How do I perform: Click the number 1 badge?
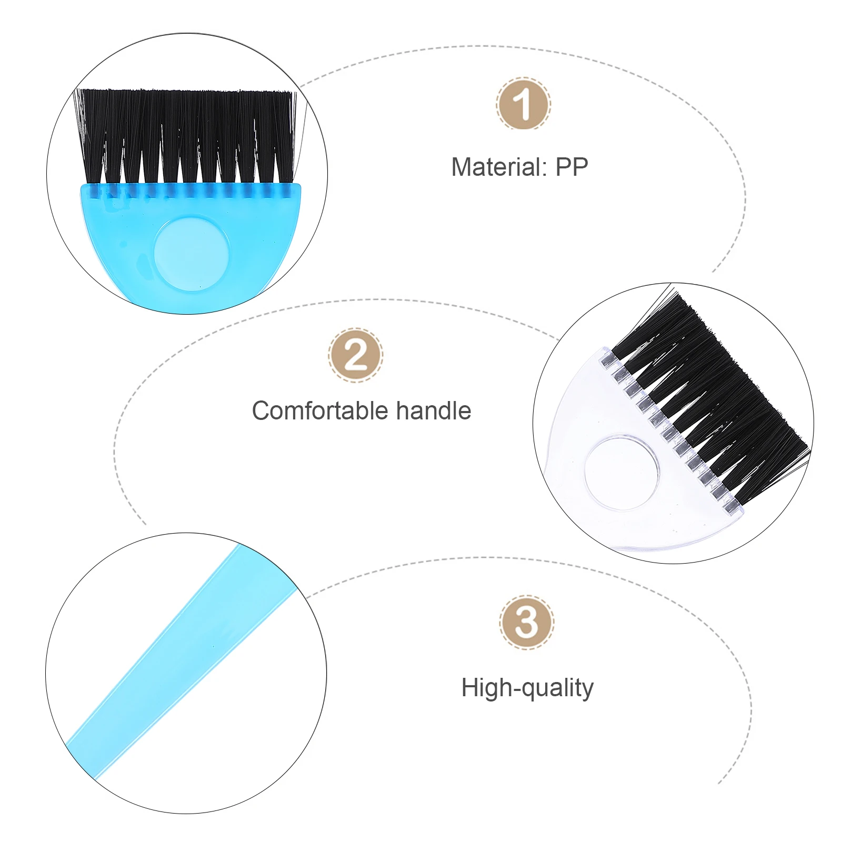pyautogui.click(x=523, y=104)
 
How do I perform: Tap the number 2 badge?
pyautogui.click(x=356, y=355)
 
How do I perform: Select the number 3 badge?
pyautogui.click(x=526, y=623)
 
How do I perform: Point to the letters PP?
pyautogui.click(x=572, y=167)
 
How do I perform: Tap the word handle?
pyautogui.click(x=433, y=411)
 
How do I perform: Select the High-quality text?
pyautogui.click(x=527, y=688)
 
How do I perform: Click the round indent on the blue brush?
pyautogui.click(x=192, y=255)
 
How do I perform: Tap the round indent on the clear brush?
pyautogui.click(x=622, y=472)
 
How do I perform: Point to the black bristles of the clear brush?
pyautogui.click(x=710, y=389)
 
